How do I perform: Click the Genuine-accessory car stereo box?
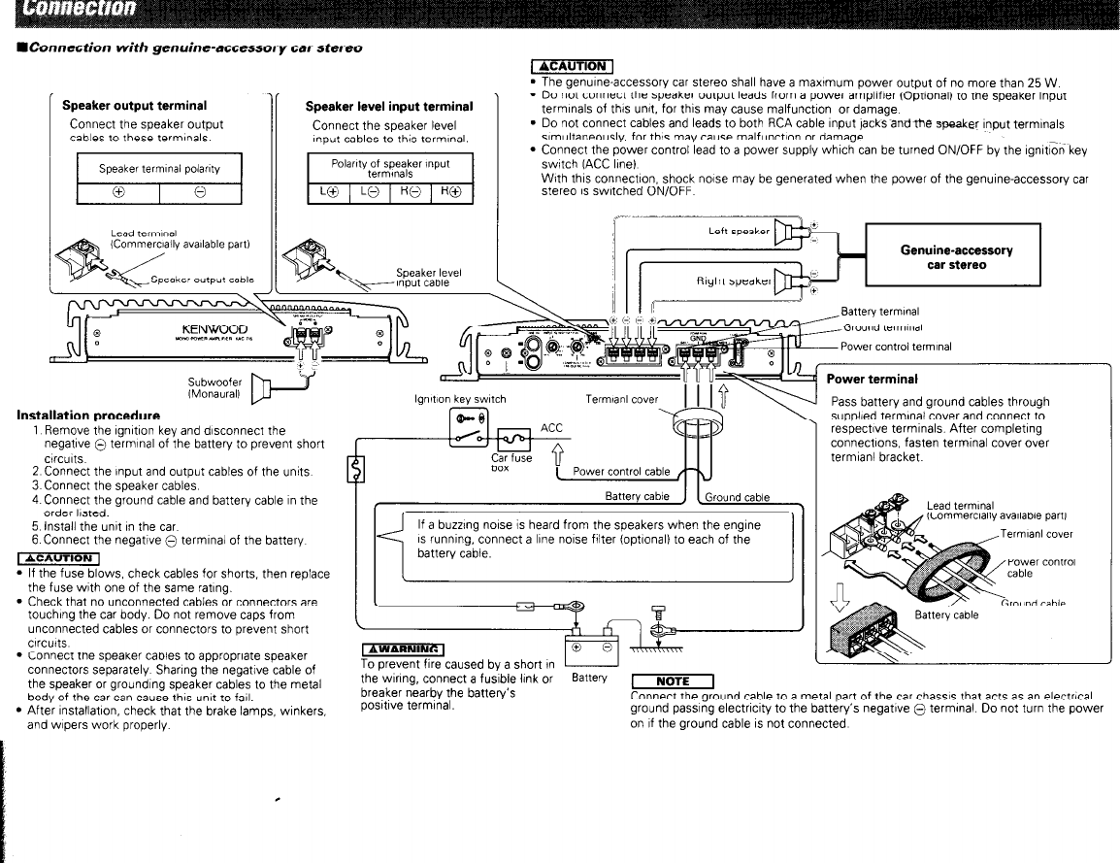pyautogui.click(x=956, y=257)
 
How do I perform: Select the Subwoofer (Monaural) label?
pyautogui.click(x=215, y=388)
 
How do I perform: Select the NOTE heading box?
pyautogui.click(x=672, y=680)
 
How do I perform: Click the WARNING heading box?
pyautogui.click(x=403, y=649)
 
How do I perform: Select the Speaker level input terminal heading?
pyautogui.click(x=388, y=106)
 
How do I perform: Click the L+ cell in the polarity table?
pyautogui.click(x=327, y=192)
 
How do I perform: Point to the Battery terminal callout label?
pyautogui.click(x=879, y=312)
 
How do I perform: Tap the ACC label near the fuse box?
pyautogui.click(x=551, y=427)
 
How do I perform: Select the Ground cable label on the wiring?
pyautogui.click(x=737, y=497)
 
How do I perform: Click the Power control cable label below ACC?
pyautogui.click(x=621, y=472)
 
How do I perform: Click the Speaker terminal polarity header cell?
pyautogui.click(x=159, y=168)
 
